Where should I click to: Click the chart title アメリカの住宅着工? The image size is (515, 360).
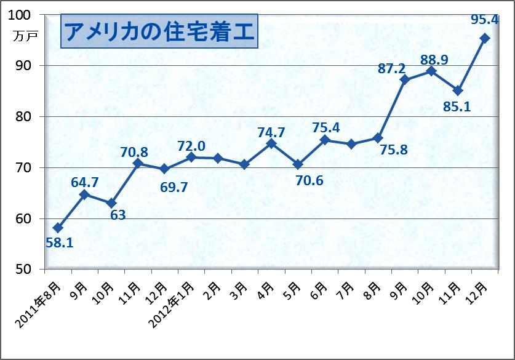coord(159,32)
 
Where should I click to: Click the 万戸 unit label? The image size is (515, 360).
coord(25,36)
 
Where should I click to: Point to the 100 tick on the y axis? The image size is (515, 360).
coord(25,15)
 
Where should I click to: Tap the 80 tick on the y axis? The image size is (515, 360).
coord(28,117)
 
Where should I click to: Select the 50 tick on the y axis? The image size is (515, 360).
coord(28,270)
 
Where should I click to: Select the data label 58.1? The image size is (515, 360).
coord(60,242)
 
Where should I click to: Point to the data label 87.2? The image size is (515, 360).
coord(391,69)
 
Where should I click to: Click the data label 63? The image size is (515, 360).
coord(118,215)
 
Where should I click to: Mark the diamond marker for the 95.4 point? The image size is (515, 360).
coord(485,38)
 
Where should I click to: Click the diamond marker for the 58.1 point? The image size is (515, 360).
coord(58,228)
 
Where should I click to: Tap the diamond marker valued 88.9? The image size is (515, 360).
coord(431,71)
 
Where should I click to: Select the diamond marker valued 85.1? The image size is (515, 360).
coord(458,90)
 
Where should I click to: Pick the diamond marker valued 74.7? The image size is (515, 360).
coord(271,143)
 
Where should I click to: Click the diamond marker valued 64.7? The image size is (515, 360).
coord(84,194)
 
